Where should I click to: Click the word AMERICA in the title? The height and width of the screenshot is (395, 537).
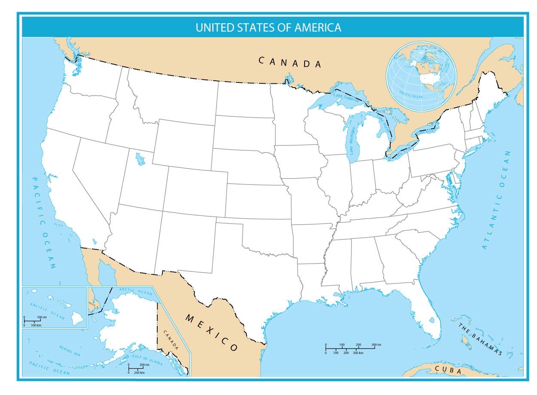tap(318, 28)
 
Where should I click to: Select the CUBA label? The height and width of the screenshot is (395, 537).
tap(448, 370)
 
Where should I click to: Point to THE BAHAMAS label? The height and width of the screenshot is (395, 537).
tap(480, 339)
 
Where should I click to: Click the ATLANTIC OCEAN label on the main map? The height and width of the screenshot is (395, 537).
tap(497, 200)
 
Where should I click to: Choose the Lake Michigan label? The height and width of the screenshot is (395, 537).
tap(353, 141)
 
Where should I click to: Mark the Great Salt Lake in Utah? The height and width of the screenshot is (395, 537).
tap(140, 159)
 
